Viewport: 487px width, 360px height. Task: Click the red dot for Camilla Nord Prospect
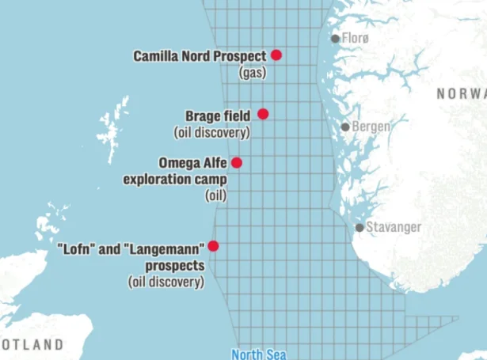click(276, 55)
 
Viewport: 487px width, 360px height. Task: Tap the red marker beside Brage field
click(263, 114)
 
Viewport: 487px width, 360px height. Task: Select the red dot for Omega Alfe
click(236, 163)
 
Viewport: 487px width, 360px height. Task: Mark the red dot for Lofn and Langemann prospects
click(213, 246)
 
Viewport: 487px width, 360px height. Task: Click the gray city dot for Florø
click(335, 38)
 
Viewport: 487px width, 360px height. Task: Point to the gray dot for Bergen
click(345, 127)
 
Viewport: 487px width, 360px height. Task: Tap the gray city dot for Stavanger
click(360, 227)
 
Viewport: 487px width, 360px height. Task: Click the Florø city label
click(356, 38)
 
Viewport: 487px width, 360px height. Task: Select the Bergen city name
click(371, 127)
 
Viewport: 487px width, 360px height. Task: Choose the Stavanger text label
click(394, 227)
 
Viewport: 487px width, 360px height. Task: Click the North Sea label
click(258, 354)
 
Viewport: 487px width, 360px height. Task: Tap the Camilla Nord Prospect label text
click(200, 56)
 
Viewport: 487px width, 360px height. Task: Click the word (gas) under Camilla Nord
click(253, 73)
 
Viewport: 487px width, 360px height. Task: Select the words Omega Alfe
click(193, 163)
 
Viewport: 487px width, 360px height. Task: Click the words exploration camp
click(174, 179)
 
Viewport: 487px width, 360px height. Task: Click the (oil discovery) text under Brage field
click(211, 132)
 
